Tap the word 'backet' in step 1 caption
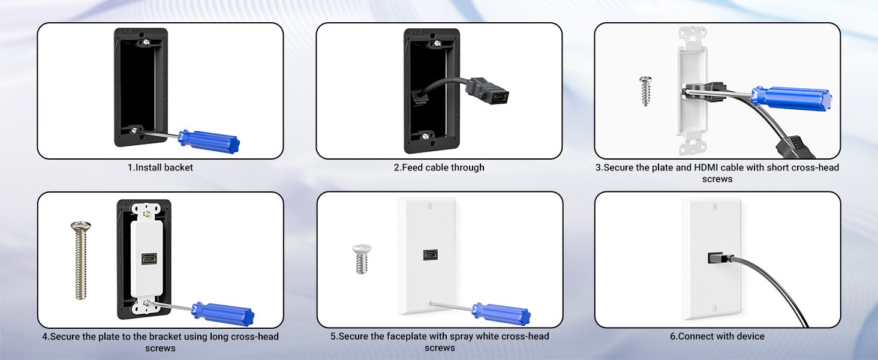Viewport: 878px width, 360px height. coord(178,167)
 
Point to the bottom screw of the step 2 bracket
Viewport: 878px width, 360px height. coord(426,136)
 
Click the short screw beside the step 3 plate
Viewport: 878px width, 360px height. coord(645,91)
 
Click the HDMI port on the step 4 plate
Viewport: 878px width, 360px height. coord(149,259)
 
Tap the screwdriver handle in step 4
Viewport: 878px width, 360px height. coord(222,314)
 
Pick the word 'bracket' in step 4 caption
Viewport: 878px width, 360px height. coord(166,337)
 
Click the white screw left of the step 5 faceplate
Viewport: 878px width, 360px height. coord(362,259)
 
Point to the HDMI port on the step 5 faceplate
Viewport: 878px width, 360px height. coord(431,254)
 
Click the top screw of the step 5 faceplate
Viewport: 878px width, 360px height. coord(431,206)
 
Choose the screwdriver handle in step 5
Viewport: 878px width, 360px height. coord(502,314)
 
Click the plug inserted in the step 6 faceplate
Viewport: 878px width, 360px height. coord(720,259)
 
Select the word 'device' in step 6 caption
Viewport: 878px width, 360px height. coord(750,336)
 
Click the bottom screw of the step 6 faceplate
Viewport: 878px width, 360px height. coord(715,307)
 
